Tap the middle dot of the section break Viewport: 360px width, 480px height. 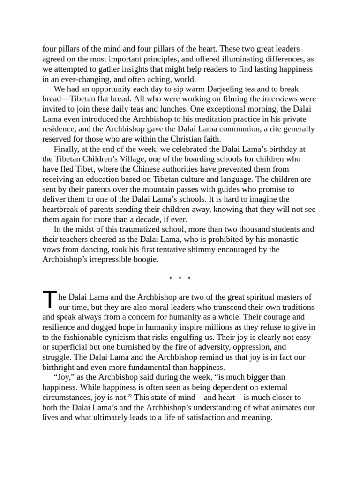[180, 278]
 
